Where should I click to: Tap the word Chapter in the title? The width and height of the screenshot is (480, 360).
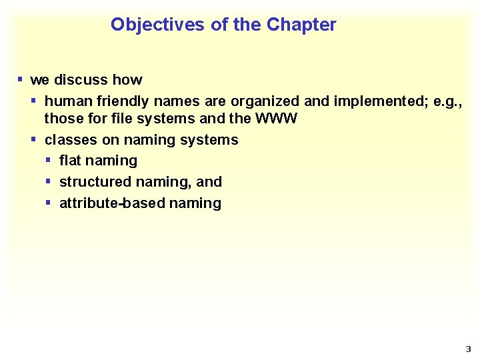point(301,25)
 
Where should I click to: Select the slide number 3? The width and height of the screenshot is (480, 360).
point(467,349)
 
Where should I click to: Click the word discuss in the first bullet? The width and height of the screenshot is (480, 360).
point(81,80)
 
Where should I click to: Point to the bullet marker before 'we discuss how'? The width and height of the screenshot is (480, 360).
point(20,80)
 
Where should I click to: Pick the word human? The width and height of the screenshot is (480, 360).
point(65,101)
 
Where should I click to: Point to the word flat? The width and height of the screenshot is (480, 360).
point(70,161)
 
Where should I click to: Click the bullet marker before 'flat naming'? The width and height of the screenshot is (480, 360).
point(49,161)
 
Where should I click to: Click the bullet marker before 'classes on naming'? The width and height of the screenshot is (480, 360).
point(34,140)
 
